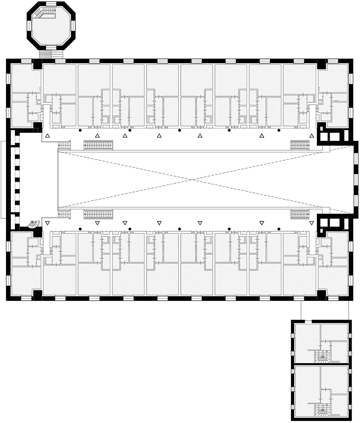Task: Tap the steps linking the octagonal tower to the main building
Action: click(51, 54)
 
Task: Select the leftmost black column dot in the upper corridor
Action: click(80, 130)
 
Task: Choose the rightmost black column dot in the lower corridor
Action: click(279, 229)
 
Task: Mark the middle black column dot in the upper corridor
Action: click(179, 130)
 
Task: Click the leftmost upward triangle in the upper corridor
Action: click(47, 136)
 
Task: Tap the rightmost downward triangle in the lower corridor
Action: click(311, 223)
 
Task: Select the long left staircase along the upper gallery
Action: click(98, 145)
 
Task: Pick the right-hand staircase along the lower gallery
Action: click(300, 214)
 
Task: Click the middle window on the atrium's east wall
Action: click(355, 180)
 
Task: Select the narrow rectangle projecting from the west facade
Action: click(3, 179)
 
